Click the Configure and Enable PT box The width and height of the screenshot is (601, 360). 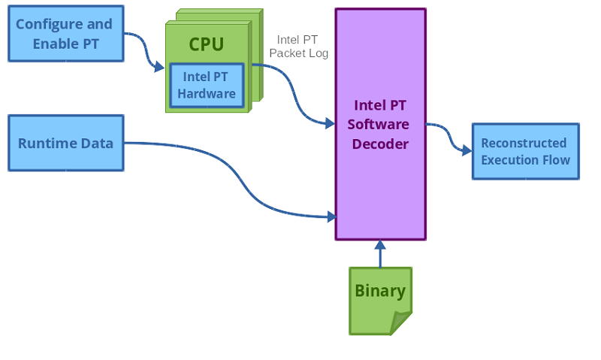tap(65, 34)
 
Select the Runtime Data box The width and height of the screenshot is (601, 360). tap(65, 143)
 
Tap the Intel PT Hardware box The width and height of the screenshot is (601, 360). tap(207, 86)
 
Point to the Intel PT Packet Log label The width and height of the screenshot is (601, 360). tap(298, 47)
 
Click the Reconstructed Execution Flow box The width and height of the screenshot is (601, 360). tap(525, 151)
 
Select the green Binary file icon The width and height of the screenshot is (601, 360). tap(379, 300)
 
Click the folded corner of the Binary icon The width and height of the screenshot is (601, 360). tap(402, 324)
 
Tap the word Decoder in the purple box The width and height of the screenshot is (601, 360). tap(381, 144)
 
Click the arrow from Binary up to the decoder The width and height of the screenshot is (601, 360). tap(380, 254)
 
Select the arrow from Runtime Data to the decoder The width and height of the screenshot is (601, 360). tap(240, 180)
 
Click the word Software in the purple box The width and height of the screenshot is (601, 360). tap(381, 124)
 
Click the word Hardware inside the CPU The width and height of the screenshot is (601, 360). tap(207, 94)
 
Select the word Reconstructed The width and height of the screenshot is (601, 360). tap(524, 143)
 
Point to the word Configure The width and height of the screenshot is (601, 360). tap(43, 24)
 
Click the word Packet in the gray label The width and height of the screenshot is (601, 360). tap(286, 53)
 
